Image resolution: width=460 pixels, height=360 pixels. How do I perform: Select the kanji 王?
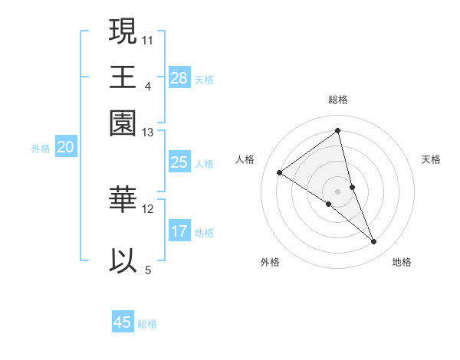(x=123, y=77)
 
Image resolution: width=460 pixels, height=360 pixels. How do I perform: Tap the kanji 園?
(x=123, y=123)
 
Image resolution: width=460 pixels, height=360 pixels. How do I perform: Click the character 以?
(x=123, y=260)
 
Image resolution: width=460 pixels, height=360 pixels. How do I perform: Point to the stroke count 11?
(x=148, y=39)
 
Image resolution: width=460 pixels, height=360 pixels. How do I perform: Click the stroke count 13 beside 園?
(x=148, y=132)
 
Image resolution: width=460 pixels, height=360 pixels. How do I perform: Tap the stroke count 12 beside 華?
(x=148, y=208)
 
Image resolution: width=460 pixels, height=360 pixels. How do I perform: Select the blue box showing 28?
(x=179, y=77)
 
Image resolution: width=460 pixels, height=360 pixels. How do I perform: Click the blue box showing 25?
(x=179, y=162)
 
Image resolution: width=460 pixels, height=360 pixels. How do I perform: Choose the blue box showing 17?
(x=179, y=231)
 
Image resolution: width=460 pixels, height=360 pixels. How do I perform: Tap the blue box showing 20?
(x=65, y=148)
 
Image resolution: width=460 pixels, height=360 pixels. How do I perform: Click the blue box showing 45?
(x=123, y=322)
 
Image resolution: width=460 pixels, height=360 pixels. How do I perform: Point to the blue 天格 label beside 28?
(x=204, y=79)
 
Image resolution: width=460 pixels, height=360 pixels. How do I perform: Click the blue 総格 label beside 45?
(x=147, y=324)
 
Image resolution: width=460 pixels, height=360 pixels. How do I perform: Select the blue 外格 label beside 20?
(x=41, y=149)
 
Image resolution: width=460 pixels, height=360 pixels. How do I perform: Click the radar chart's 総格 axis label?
(x=338, y=100)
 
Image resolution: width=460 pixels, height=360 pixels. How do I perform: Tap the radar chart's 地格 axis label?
(x=402, y=262)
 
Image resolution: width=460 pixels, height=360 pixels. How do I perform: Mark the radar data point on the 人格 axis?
(x=280, y=172)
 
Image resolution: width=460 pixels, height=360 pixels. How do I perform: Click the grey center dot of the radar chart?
(x=337, y=191)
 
